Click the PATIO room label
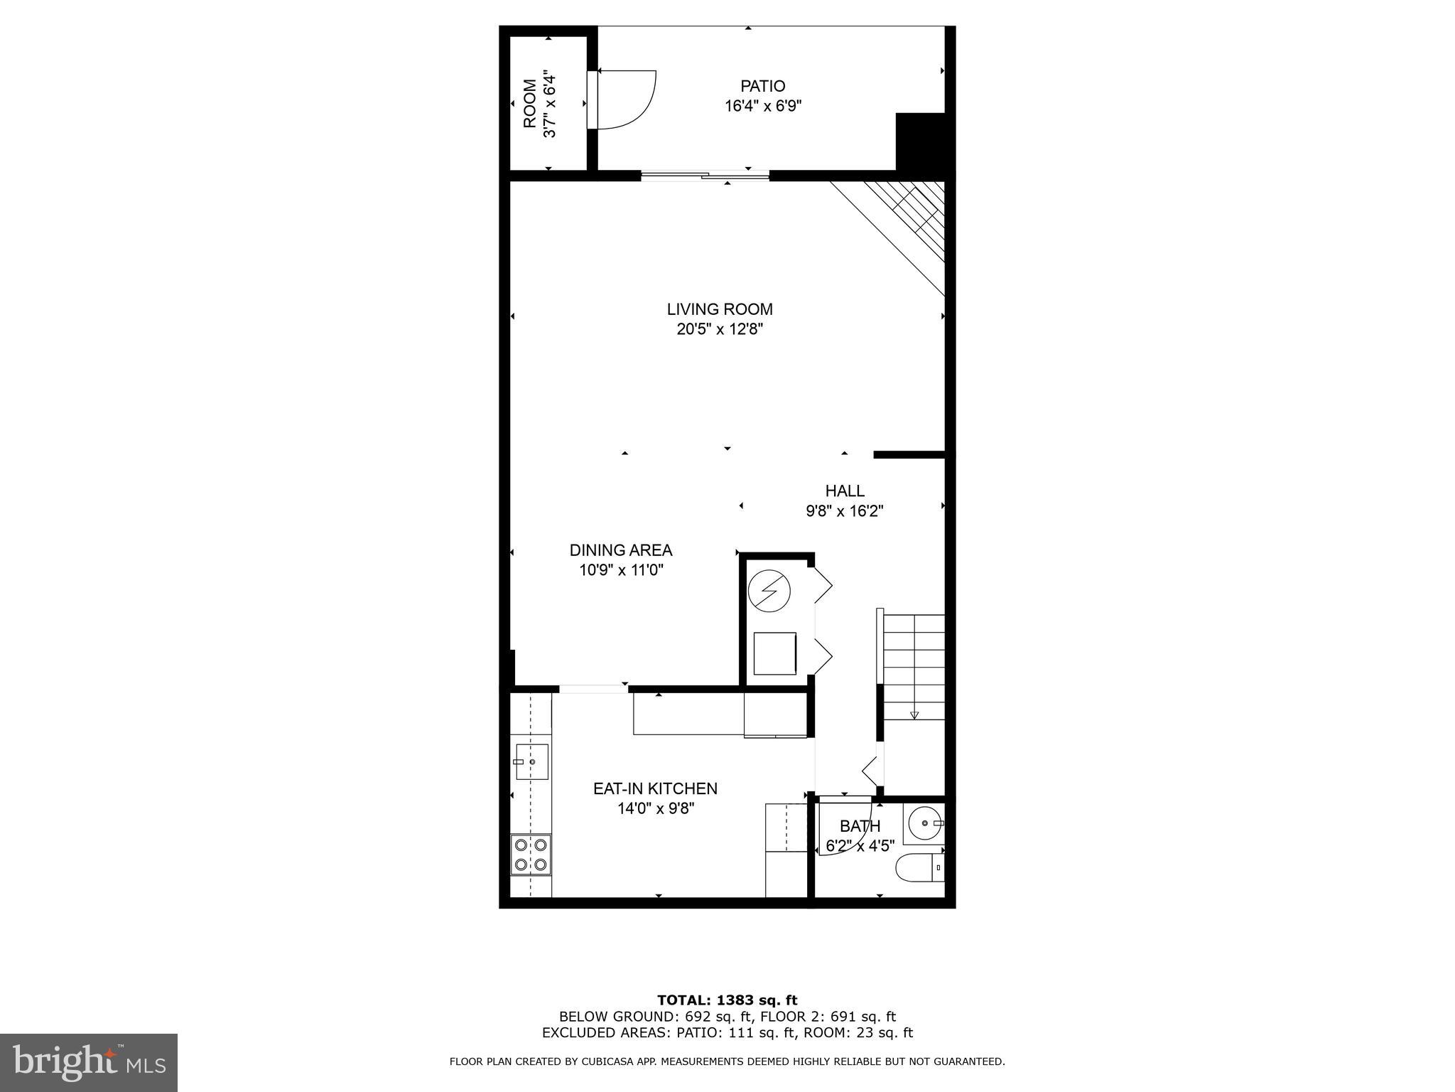pyautogui.click(x=762, y=86)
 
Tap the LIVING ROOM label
pyautogui.click(x=719, y=309)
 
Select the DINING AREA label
pyautogui.click(x=620, y=550)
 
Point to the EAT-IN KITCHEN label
pyautogui.click(x=655, y=788)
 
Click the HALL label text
pyautogui.click(x=845, y=491)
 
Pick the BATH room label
pyautogui.click(x=860, y=826)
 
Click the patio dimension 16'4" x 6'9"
pyautogui.click(x=763, y=107)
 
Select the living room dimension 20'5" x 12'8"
pyautogui.click(x=719, y=329)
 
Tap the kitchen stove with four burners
pyautogui.click(x=531, y=855)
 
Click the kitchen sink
pyautogui.click(x=531, y=761)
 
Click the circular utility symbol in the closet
pyautogui.click(x=769, y=590)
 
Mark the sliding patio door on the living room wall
pyautogui.click(x=705, y=176)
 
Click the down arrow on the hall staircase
pyautogui.click(x=914, y=715)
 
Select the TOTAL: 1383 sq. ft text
pyautogui.click(x=727, y=1001)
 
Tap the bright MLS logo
pyautogui.click(x=88, y=1063)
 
